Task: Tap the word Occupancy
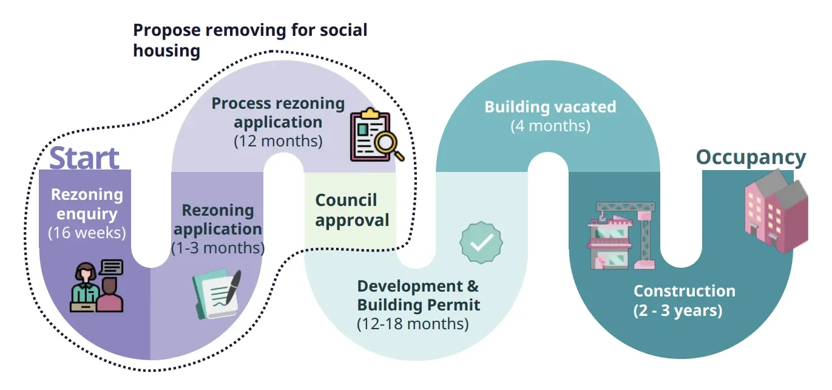pyautogui.click(x=751, y=157)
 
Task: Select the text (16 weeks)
pyautogui.click(x=87, y=233)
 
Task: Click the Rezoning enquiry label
pyautogui.click(x=87, y=204)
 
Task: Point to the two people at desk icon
pyautogui.click(x=97, y=286)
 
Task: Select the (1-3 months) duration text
pyautogui.click(x=218, y=248)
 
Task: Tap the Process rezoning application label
pyautogui.click(x=278, y=112)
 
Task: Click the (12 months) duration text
pyautogui.click(x=278, y=142)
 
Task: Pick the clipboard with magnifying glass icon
pyautogui.click(x=373, y=135)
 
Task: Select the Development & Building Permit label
pyautogui.click(x=418, y=295)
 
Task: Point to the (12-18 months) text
pyautogui.click(x=413, y=324)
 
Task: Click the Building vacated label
pyautogui.click(x=550, y=108)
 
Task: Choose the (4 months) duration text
pyautogui.click(x=550, y=126)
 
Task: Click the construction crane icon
pyautogui.click(x=621, y=234)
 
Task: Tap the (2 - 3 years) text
pyautogui.click(x=678, y=310)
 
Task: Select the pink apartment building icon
pyautogui.click(x=776, y=210)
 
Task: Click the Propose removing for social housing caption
pyautogui.click(x=250, y=39)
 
